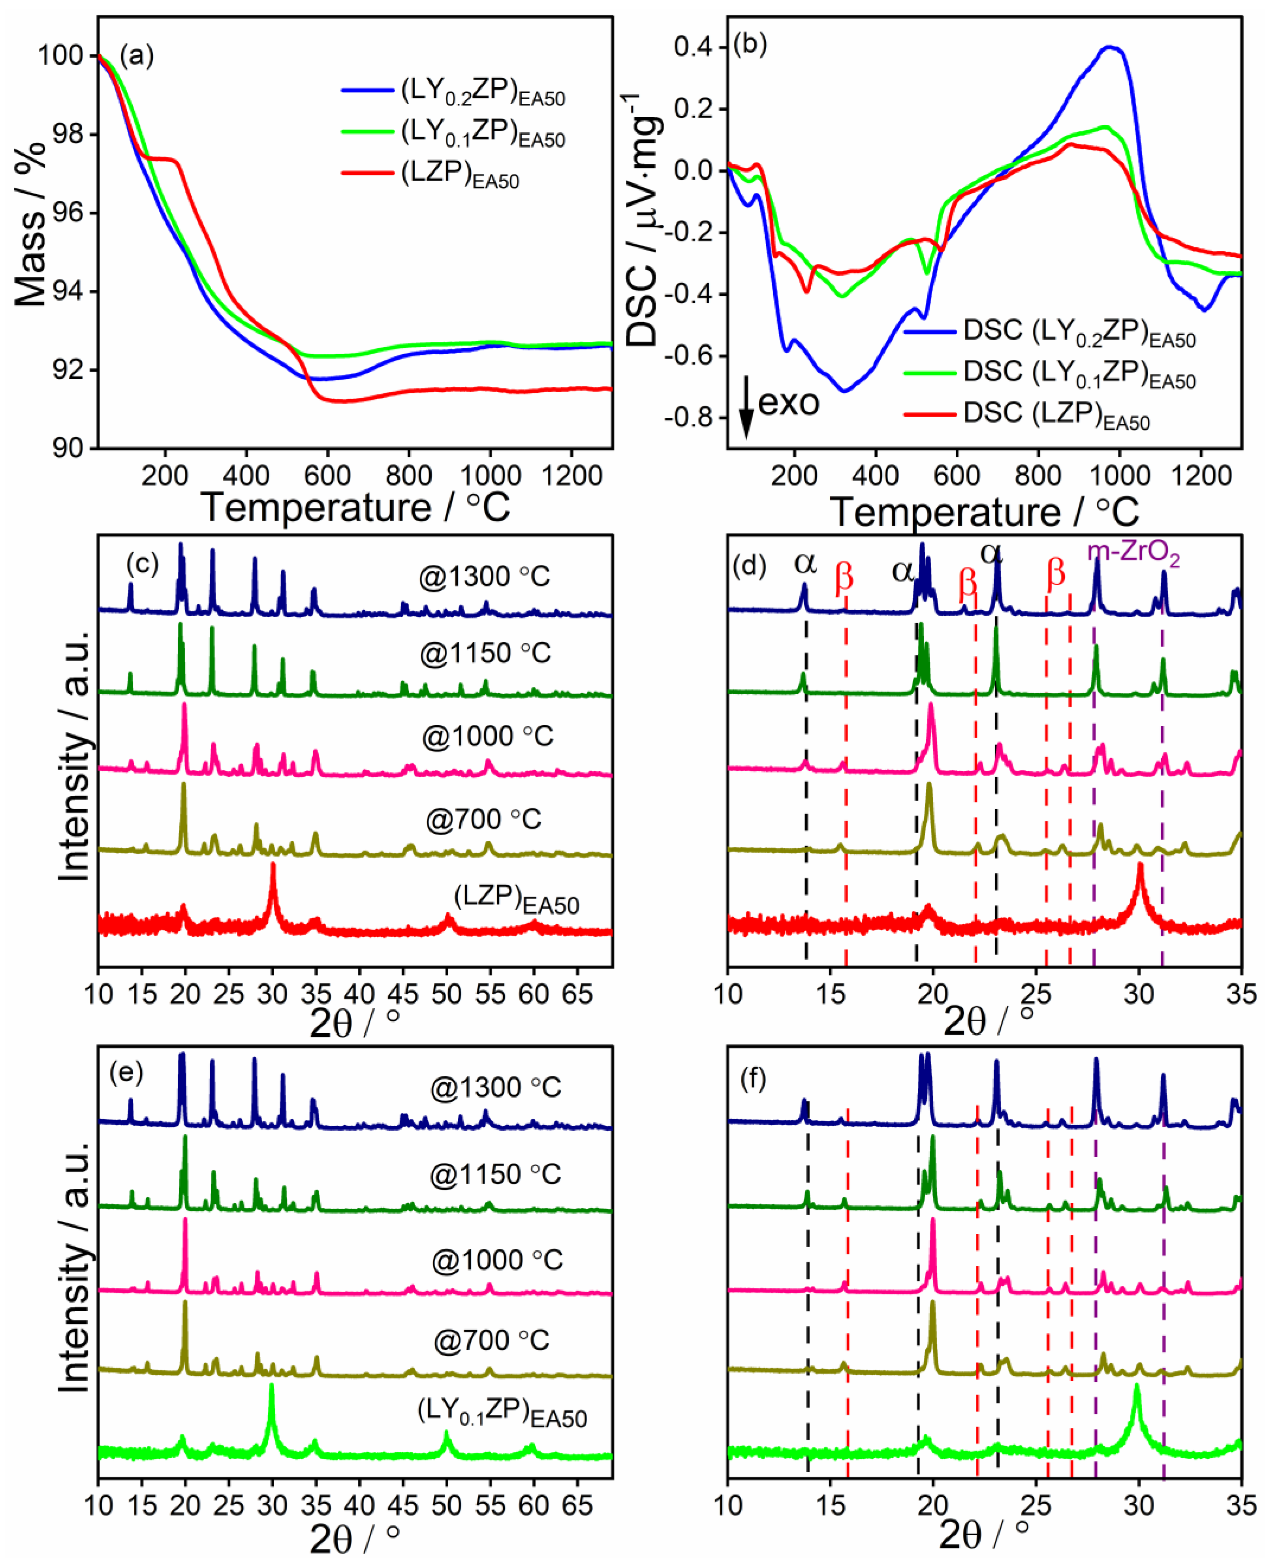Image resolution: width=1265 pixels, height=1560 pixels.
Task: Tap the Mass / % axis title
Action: (30, 224)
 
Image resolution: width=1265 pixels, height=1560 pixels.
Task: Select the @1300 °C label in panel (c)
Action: (484, 577)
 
